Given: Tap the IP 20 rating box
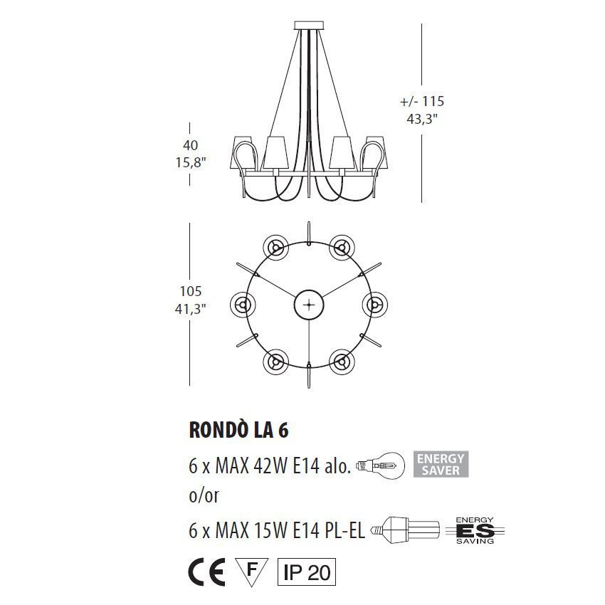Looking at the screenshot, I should (x=306, y=572).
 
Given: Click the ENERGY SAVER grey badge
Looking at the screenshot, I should (x=441, y=465).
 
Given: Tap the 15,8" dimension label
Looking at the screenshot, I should (x=190, y=162).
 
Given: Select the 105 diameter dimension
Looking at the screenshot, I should (x=191, y=291).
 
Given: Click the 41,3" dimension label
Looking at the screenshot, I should (x=190, y=309).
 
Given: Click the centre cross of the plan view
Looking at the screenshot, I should (x=309, y=305).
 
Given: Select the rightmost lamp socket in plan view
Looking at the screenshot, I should (x=374, y=305).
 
